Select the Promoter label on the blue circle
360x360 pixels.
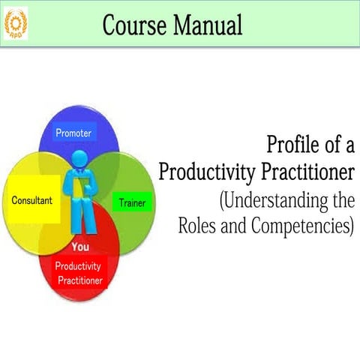[x=73, y=133]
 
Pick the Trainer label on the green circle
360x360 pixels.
[x=132, y=203]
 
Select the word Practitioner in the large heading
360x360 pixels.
[x=307, y=172]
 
